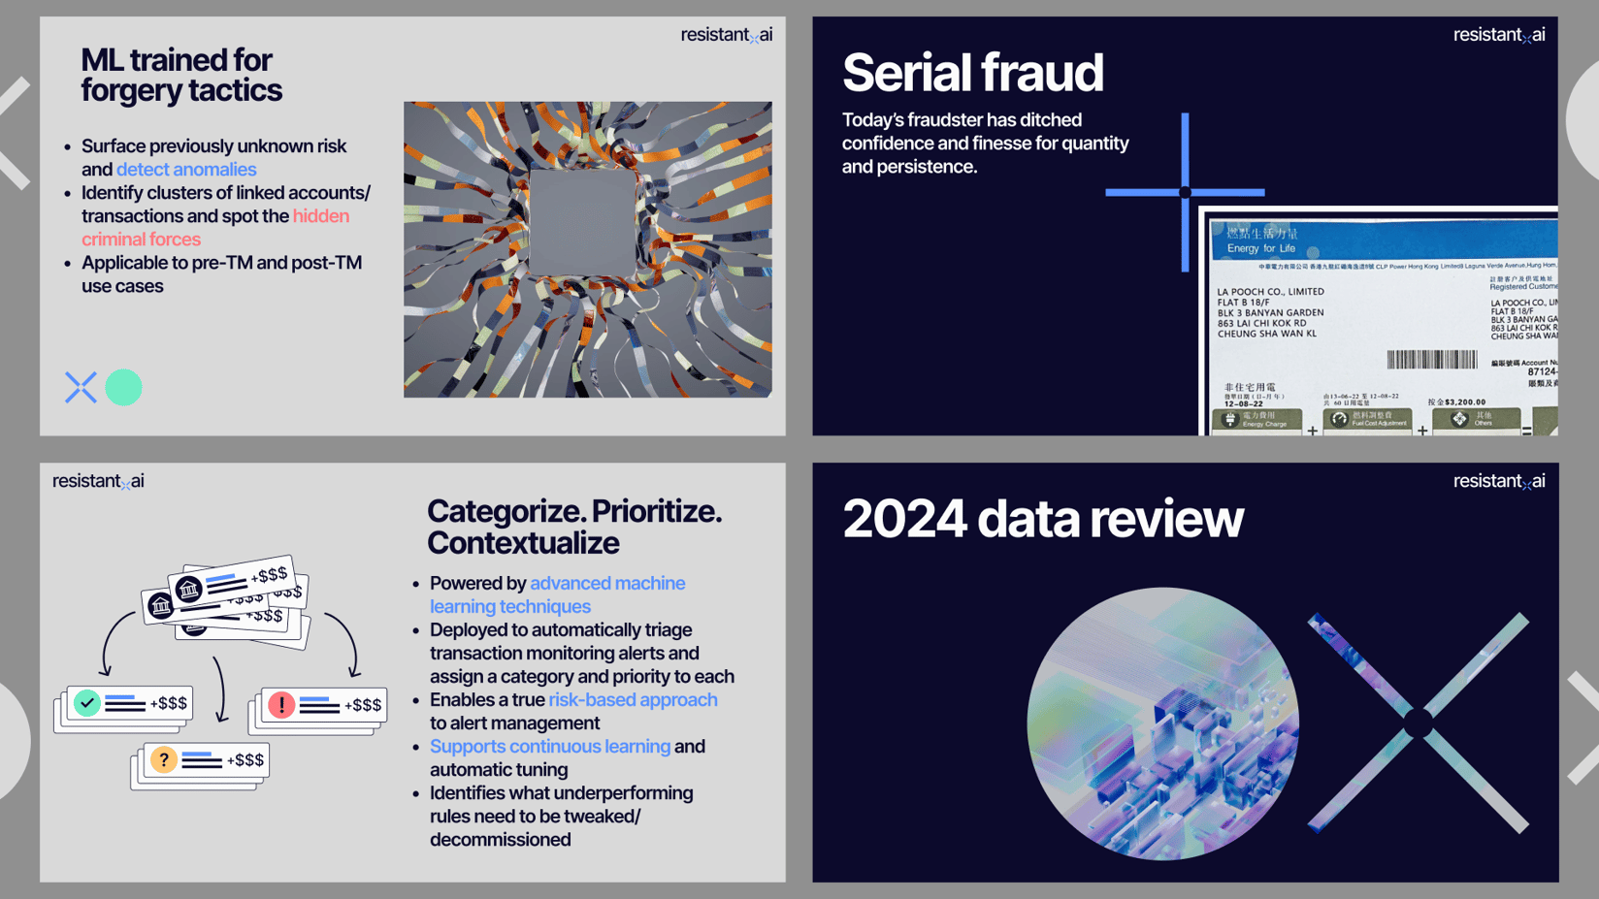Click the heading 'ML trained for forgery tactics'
click(x=181, y=75)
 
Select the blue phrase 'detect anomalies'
click(x=186, y=170)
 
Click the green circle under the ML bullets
click(x=123, y=388)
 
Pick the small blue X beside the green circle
click(x=81, y=387)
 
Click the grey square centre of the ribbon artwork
click(x=582, y=223)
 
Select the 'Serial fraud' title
click(x=972, y=73)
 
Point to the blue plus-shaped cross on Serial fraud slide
click(x=1185, y=192)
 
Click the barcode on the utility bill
click(x=1431, y=360)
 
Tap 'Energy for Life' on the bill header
click(x=1260, y=248)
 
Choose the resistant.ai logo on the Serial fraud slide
click(x=1498, y=35)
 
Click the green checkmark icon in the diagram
click(x=87, y=702)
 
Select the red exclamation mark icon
click(x=281, y=704)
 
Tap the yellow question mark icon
click(x=164, y=759)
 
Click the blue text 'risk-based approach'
click(x=633, y=700)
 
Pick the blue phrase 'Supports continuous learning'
click(x=549, y=747)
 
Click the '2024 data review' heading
click(x=1042, y=519)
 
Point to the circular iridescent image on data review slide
click(x=1162, y=723)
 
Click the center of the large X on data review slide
click(x=1419, y=722)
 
